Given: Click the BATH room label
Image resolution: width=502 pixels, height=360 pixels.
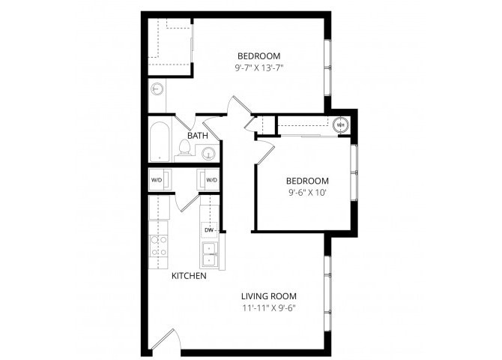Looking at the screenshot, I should [198, 136].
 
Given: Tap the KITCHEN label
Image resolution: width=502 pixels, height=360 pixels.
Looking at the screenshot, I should [189, 276].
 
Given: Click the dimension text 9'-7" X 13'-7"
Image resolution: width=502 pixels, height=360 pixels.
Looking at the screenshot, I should [258, 67].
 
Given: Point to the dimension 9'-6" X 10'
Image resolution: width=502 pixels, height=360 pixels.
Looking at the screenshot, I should [307, 192].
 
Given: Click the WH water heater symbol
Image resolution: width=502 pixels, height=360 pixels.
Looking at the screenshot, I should [340, 125].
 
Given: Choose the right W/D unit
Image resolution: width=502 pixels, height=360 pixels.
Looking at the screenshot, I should [211, 180].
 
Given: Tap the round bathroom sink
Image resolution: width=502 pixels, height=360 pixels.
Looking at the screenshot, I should [209, 154].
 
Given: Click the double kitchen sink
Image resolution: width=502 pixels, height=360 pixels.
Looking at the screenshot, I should [209, 255].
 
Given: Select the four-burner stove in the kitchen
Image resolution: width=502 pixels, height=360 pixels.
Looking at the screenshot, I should [159, 247].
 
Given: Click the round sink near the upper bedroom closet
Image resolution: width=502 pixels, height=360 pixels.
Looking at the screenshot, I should [157, 89].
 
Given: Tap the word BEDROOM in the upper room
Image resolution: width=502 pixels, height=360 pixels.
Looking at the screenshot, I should [258, 55].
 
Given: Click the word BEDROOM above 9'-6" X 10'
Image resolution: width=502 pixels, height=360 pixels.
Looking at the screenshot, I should [307, 180].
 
